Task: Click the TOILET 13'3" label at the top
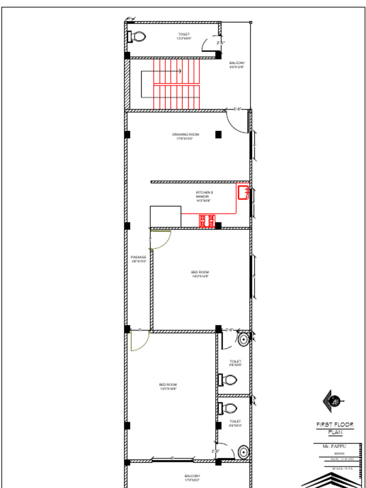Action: pyautogui.click(x=183, y=36)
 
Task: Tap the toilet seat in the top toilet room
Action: pyautogui.click(x=138, y=36)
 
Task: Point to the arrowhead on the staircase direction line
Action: pyautogui.click(x=180, y=71)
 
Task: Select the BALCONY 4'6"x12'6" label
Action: pyautogui.click(x=237, y=65)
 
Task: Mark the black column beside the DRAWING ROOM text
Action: pyautogui.click(x=218, y=134)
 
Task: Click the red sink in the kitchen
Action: pyautogui.click(x=243, y=193)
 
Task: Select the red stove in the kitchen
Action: pyautogui.click(x=207, y=221)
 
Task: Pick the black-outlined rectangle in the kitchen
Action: pyautogui.click(x=165, y=217)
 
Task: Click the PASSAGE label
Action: pyautogui.click(x=138, y=259)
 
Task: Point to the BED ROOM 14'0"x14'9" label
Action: pyautogui.click(x=200, y=274)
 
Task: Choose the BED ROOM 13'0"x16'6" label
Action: pyautogui.click(x=168, y=386)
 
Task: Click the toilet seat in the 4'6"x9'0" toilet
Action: pyautogui.click(x=229, y=380)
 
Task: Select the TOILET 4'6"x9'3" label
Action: pyautogui.click(x=235, y=423)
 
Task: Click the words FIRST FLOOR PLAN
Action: pyautogui.click(x=335, y=428)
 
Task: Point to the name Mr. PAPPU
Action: pyautogui.click(x=334, y=446)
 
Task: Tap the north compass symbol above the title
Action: pyautogui.click(x=333, y=400)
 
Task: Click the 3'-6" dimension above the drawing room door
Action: pyautogui.click(x=237, y=109)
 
